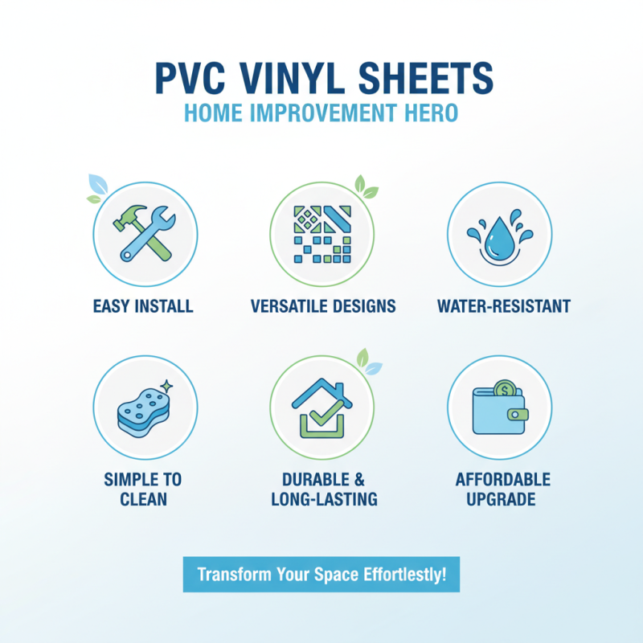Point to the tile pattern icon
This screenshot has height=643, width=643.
point(322,233)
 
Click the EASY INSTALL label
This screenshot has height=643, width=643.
point(143,306)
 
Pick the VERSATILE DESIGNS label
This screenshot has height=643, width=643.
point(322,306)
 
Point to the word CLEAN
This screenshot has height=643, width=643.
point(143,500)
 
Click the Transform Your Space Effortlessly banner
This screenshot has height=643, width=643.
point(321,575)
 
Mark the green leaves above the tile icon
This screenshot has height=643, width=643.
point(366,188)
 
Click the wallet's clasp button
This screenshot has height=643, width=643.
point(519,415)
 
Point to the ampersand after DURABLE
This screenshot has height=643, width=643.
point(359,480)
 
